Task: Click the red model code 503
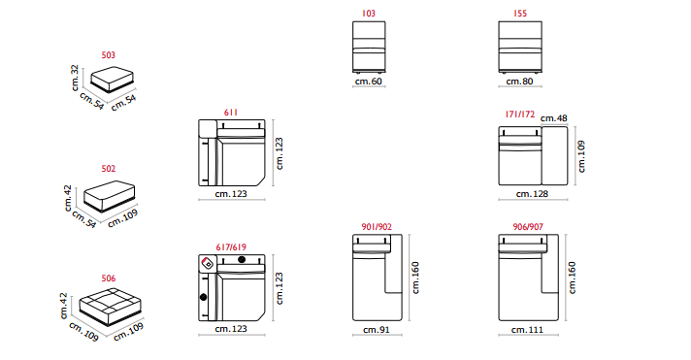[109, 55]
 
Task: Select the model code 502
[109, 169]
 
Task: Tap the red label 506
[109, 278]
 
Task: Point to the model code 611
[231, 113]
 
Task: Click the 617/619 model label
[231, 247]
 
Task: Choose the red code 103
[369, 14]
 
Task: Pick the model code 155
[520, 14]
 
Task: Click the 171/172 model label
[520, 115]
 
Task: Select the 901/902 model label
[377, 227]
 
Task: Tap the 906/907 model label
[528, 227]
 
